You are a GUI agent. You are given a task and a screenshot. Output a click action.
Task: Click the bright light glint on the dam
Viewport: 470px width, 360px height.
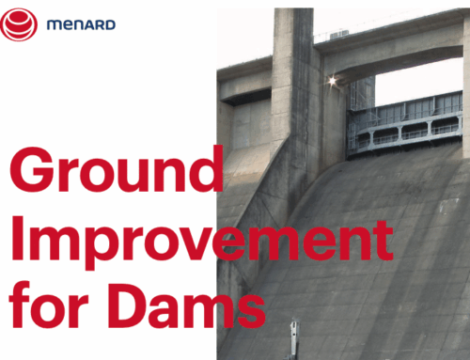click(332, 83)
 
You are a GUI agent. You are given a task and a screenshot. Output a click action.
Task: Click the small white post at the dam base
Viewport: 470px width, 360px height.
click(294, 338)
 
